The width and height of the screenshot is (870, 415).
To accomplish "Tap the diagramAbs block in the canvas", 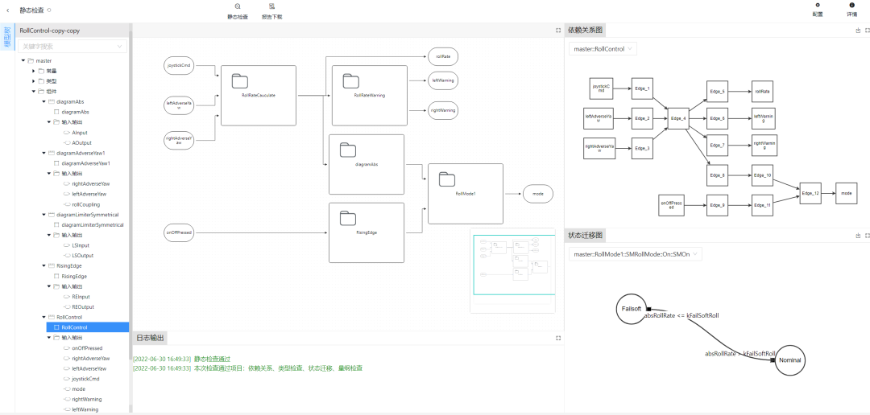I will [367, 164].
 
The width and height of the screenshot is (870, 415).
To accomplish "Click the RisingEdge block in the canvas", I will [367, 232].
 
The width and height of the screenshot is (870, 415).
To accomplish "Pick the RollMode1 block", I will [465, 194].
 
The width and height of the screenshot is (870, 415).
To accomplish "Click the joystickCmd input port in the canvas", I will [178, 66].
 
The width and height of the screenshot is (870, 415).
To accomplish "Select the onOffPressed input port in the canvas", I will [178, 232].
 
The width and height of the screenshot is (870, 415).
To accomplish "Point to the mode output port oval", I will [538, 194].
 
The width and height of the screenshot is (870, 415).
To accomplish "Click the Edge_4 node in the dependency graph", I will [678, 119].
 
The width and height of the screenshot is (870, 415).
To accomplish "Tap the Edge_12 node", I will [810, 193].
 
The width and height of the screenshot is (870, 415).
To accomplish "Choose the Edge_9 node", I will [718, 205].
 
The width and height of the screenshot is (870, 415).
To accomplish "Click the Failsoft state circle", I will [631, 309].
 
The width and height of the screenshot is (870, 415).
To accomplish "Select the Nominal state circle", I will [789, 360].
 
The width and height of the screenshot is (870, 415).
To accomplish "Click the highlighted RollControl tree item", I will [74, 327].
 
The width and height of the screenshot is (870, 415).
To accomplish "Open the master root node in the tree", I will [43, 60].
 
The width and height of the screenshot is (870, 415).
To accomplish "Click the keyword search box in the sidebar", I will [72, 47].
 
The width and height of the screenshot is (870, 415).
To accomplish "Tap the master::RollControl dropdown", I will [603, 49].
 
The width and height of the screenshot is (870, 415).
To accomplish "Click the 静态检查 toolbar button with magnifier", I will [238, 10].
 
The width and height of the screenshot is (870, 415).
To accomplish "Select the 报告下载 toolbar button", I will [272, 10].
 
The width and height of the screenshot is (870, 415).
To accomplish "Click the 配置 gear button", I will [818, 10].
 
